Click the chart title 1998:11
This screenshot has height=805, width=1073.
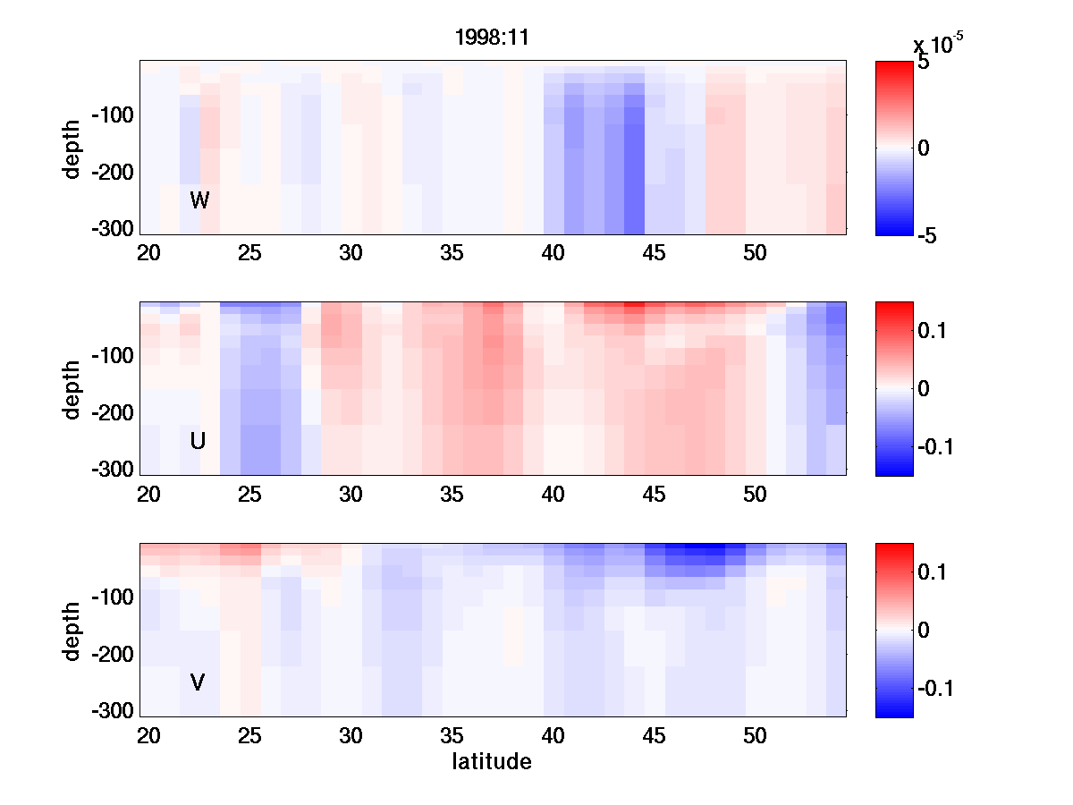click(x=492, y=38)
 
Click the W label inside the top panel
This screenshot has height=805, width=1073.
click(x=199, y=200)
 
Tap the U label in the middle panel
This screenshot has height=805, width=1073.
click(x=199, y=441)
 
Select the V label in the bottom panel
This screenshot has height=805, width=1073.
click(x=198, y=682)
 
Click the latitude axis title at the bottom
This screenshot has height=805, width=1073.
click(x=492, y=762)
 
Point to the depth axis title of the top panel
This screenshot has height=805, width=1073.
click(x=72, y=148)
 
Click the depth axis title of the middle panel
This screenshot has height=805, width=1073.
click(x=72, y=389)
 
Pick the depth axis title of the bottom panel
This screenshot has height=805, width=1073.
click(x=72, y=631)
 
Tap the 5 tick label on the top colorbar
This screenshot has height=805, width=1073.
click(x=924, y=64)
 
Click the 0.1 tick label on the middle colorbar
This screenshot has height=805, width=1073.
click(x=935, y=331)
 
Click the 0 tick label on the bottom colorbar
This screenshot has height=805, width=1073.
click(x=925, y=631)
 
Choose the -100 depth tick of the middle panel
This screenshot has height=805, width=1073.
click(x=112, y=356)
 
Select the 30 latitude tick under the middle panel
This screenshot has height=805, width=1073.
click(x=351, y=495)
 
